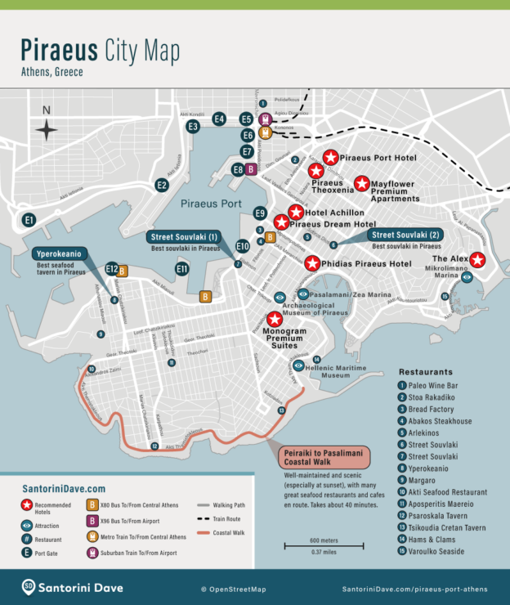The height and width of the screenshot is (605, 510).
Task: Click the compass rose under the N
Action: [47, 129]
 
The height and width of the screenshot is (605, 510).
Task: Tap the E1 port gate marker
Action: [29, 220]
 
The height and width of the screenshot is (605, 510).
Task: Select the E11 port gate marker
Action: [182, 268]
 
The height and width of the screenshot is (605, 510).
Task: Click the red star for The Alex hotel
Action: [477, 260]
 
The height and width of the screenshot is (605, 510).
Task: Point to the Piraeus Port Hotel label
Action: [378, 158]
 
